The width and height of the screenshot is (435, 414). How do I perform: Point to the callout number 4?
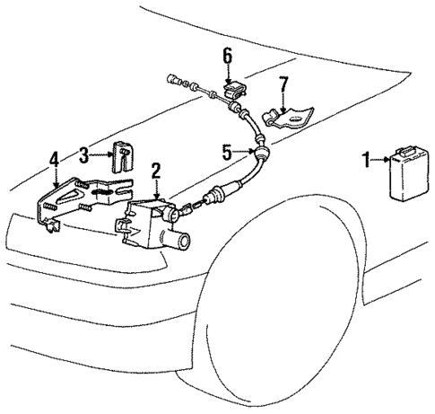click(x=55, y=159)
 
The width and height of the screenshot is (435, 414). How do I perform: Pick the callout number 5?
click(x=228, y=151)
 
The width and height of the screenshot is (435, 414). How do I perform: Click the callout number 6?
click(x=228, y=57)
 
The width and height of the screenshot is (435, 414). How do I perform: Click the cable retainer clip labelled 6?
click(x=235, y=91)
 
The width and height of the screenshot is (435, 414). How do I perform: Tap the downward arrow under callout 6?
click(x=228, y=75)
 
